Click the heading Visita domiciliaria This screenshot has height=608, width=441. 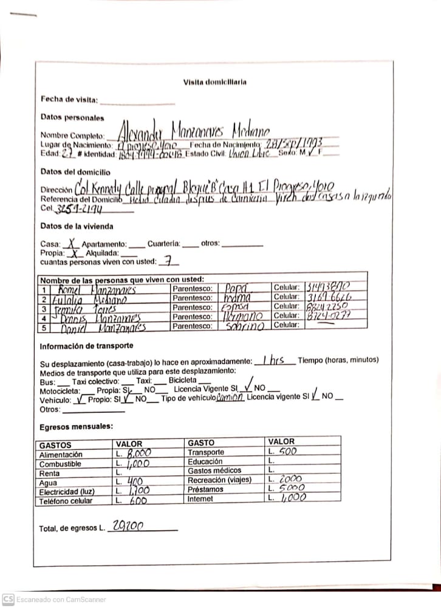pyautogui.click(x=214, y=82)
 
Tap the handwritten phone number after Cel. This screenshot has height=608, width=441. pyautogui.click(x=80, y=209)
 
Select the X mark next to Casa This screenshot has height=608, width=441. pyautogui.click(x=72, y=243)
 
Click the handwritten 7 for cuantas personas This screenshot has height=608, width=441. pyautogui.click(x=168, y=261)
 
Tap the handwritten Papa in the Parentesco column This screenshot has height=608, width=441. pyautogui.click(x=236, y=288)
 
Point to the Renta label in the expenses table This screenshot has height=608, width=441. pyautogui.click(x=49, y=473)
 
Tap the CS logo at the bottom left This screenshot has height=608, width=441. pyautogui.click(x=8, y=598)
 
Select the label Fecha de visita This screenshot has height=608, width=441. pyautogui.click(x=69, y=98)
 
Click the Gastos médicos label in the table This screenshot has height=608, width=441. pyautogui.click(x=214, y=471)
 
